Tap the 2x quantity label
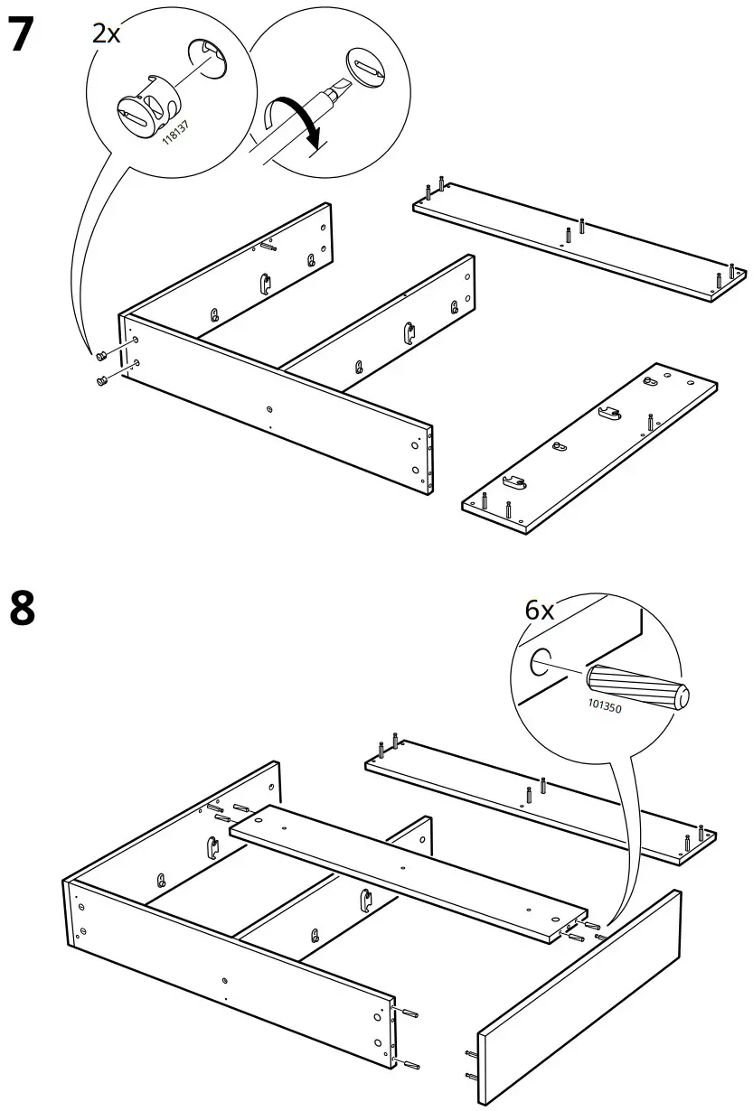105,34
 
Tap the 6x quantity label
540,611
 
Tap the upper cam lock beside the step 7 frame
103,353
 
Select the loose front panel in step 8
579,994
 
